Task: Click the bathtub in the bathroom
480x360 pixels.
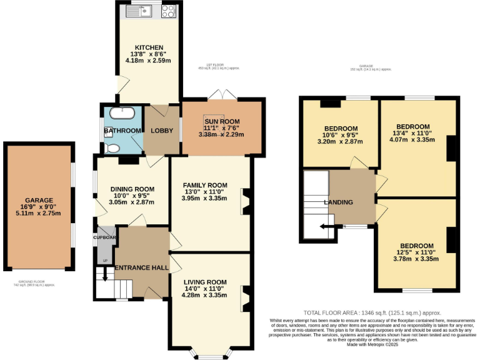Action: (x=121, y=114)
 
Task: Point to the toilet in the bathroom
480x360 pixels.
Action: (x=112, y=148)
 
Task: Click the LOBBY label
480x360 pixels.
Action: (x=161, y=131)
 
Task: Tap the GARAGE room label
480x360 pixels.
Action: (x=40, y=200)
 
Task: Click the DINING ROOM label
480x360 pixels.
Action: (x=132, y=189)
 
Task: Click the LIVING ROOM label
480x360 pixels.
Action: (x=204, y=282)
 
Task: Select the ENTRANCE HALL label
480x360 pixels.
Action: (x=141, y=267)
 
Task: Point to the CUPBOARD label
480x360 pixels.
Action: (x=106, y=237)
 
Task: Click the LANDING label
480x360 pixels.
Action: (x=338, y=202)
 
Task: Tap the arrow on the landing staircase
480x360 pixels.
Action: (x=326, y=227)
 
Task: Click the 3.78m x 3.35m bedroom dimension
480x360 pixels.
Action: (x=416, y=259)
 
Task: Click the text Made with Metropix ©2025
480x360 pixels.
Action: (x=372, y=344)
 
